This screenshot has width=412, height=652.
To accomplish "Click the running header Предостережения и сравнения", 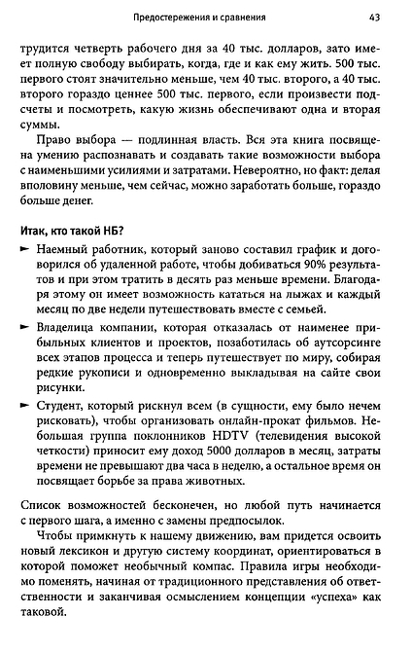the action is click(204, 18).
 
